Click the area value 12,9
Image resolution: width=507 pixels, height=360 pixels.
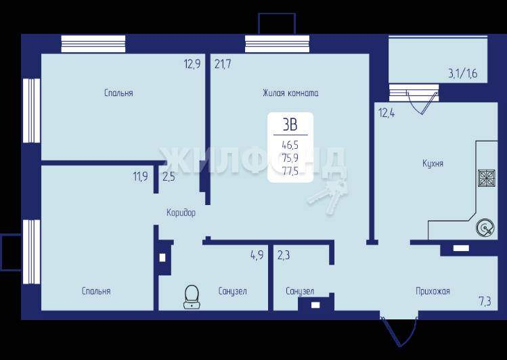192,64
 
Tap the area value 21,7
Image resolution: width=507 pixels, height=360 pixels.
223,64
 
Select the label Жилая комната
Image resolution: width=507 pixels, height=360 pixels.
290,93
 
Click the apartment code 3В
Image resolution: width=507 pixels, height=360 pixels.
290,125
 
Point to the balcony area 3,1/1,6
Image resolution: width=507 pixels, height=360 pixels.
463,74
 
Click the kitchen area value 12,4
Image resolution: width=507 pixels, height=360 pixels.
387,114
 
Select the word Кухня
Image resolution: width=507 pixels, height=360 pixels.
433,163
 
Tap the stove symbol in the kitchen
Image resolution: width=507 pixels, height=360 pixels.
487,178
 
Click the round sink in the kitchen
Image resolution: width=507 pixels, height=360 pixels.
485,228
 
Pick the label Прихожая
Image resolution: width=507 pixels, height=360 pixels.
433,291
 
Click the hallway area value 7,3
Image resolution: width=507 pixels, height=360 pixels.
485,302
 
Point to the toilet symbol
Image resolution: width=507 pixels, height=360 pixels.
192,296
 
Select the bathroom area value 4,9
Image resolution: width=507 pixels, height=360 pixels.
257,255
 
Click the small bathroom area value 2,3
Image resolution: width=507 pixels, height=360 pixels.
284,255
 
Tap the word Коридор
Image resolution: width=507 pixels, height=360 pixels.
181,212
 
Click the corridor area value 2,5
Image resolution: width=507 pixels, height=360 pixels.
169,177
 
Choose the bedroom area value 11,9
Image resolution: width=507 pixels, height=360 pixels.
141,177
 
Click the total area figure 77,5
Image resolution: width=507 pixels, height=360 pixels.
290,171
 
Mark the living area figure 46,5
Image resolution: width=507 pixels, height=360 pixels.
290,145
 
